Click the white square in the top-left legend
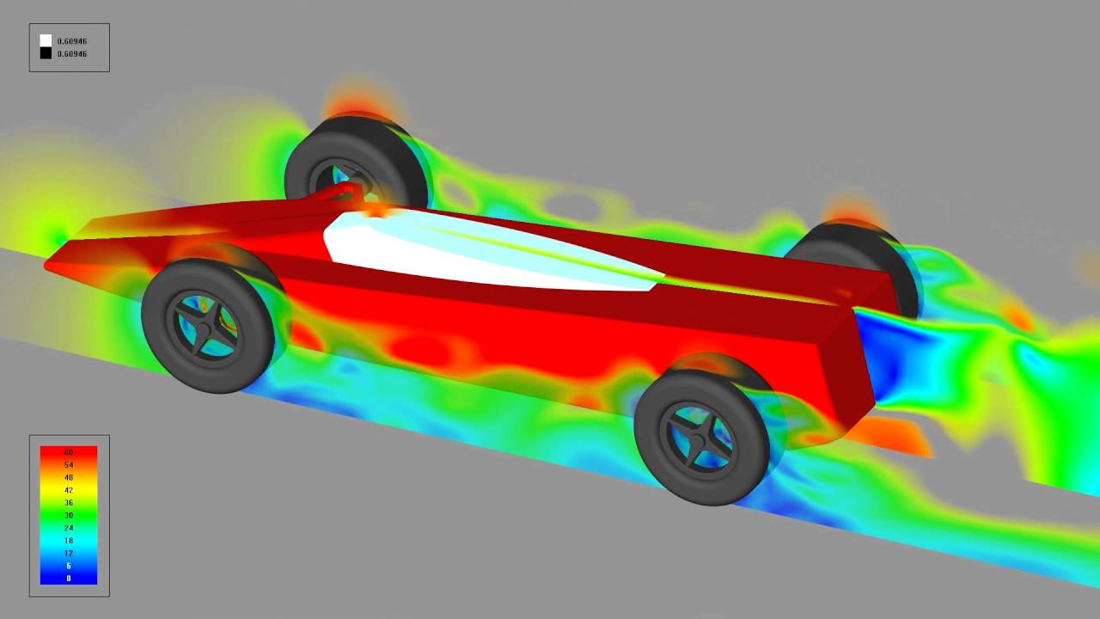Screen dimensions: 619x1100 pyautogui.click(x=46, y=40)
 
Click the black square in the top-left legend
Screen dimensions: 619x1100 pyautogui.click(x=46, y=53)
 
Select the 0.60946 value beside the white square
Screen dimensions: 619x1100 pyautogui.click(x=71, y=41)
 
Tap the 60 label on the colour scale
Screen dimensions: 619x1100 pyautogui.click(x=69, y=452)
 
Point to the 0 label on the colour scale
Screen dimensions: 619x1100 pyautogui.click(x=69, y=578)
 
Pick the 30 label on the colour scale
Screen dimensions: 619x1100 pyautogui.click(x=69, y=515)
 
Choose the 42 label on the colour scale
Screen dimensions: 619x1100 pyautogui.click(x=69, y=490)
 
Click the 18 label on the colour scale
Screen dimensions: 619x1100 pyautogui.click(x=69, y=540)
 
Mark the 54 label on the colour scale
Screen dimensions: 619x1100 pyautogui.click(x=69, y=465)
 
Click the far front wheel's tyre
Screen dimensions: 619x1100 pyautogui.click(x=404, y=155)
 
